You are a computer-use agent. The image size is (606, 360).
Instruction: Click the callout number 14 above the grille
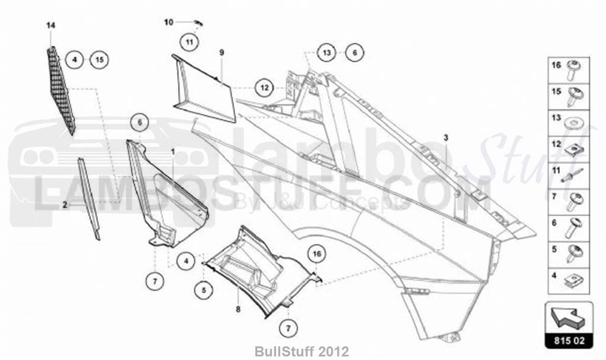click(x=50, y=25)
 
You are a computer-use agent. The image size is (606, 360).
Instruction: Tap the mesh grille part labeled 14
click(x=61, y=92)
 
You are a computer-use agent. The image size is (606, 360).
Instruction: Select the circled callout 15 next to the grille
click(x=99, y=59)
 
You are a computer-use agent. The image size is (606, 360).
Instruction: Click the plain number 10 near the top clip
click(x=168, y=22)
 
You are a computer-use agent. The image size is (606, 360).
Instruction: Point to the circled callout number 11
click(x=188, y=41)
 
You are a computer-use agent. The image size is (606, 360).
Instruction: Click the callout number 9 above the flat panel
click(x=222, y=53)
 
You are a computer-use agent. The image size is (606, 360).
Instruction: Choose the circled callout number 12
click(x=264, y=88)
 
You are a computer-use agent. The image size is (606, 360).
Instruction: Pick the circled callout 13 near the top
click(x=326, y=53)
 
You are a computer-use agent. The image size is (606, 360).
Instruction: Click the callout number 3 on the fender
click(x=446, y=137)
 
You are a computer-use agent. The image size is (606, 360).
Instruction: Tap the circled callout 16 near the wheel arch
click(x=317, y=254)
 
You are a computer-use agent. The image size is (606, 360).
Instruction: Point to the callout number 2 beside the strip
click(x=65, y=204)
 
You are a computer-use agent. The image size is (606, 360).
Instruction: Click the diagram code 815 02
click(x=569, y=342)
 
